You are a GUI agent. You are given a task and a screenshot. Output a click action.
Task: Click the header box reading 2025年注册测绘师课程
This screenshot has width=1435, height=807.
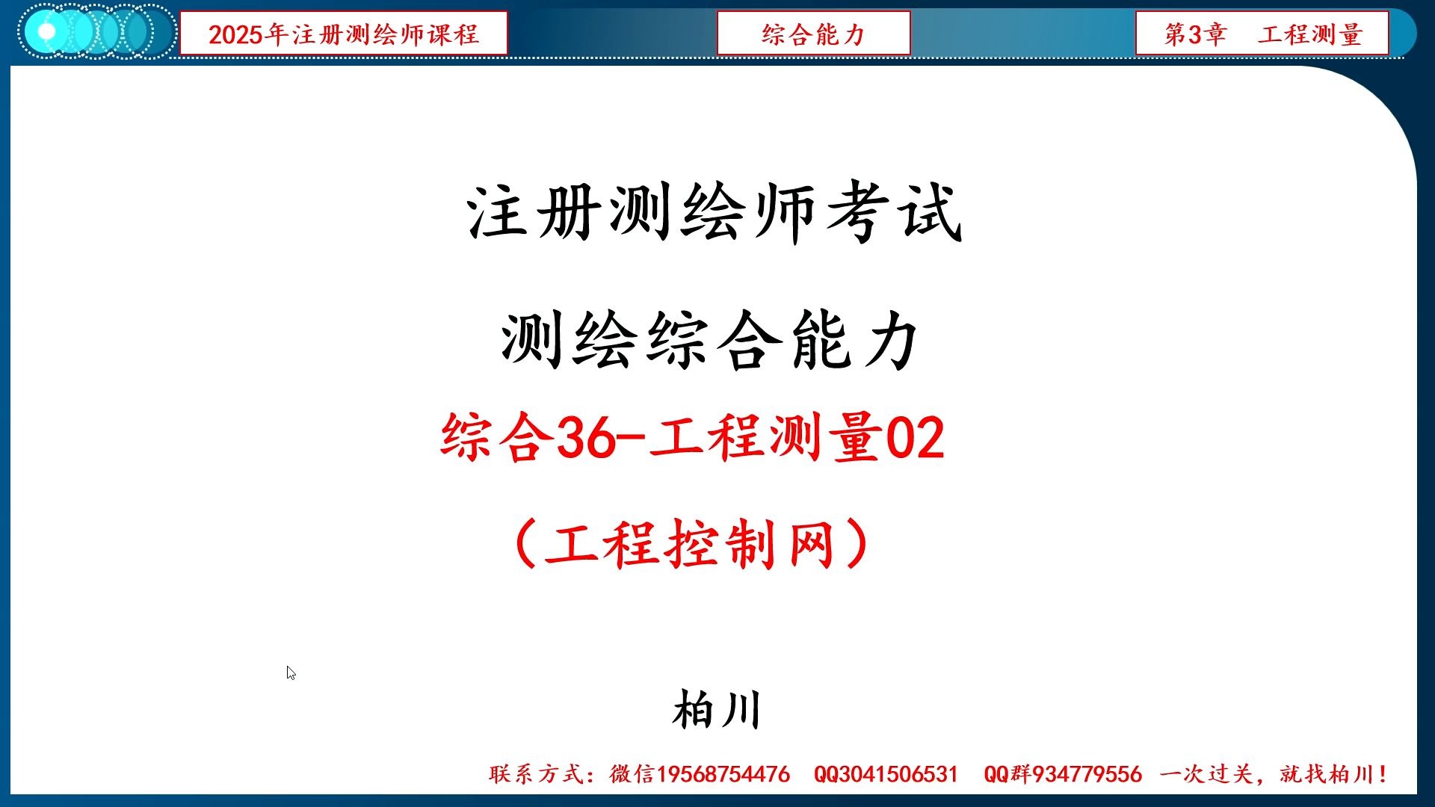coord(343,34)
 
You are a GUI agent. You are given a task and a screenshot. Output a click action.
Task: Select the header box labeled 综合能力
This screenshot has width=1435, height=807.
coord(813,34)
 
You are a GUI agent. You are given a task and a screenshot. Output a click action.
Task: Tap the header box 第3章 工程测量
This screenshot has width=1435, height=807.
coord(1262,34)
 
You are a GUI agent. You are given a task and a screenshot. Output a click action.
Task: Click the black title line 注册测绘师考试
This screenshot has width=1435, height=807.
coord(715,212)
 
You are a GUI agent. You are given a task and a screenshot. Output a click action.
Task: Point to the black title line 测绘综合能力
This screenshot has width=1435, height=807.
coord(710,341)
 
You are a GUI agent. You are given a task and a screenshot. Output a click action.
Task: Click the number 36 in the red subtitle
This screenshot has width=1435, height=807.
coord(586,438)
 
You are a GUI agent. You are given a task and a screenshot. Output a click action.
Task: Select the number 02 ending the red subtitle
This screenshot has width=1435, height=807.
coord(915,438)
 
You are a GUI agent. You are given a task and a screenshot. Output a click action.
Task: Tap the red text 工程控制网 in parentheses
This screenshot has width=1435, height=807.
coord(691,544)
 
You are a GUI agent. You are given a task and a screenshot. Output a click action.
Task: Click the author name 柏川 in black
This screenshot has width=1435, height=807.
coord(716,710)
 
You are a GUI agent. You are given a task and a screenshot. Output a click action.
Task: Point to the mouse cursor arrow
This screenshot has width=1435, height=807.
coord(290,672)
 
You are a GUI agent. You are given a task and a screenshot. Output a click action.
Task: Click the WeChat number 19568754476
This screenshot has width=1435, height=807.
coord(723,774)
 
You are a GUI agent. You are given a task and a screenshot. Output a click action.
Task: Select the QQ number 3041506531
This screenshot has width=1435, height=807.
coord(897,774)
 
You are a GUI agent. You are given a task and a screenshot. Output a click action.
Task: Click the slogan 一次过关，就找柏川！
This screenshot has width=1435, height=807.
coord(1274,774)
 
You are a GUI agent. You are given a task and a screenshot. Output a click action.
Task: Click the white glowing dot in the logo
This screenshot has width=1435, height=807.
coord(46,32)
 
